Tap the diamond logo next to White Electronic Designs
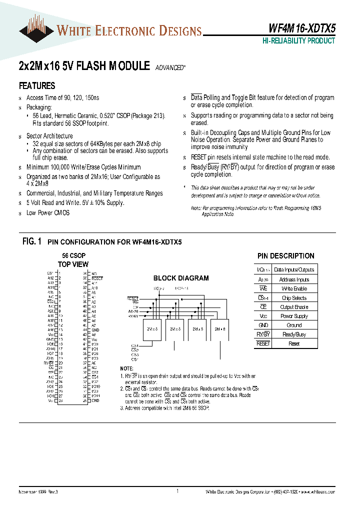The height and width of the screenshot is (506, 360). coord(36,31)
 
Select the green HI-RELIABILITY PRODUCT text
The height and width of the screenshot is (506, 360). coord(298,41)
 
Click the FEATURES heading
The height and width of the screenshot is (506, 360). coord(37,85)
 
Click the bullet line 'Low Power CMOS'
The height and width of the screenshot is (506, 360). coord(48,212)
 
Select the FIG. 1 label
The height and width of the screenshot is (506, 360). coord(31,241)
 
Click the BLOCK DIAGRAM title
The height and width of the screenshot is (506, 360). coord(181,278)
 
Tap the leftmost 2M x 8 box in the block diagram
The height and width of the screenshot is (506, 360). coord(152,329)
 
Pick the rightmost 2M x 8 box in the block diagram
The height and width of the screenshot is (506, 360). coord(220,329)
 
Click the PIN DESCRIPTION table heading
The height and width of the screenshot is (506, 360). coord(285,256)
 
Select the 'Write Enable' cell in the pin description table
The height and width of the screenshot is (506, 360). coord(294,289)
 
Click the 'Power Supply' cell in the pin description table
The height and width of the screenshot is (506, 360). coord(294,316)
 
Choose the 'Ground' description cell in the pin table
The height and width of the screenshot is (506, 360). coord(294,325)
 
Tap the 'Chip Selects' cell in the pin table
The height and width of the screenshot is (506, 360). coord(294,298)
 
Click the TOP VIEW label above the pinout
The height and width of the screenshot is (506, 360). coord(73,264)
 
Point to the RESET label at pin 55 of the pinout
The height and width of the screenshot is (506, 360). coord(97,277)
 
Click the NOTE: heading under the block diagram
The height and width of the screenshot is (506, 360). coord(127,368)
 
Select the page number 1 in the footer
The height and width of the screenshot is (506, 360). coord(177,492)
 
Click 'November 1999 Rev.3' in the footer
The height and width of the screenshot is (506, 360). coord(39,492)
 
